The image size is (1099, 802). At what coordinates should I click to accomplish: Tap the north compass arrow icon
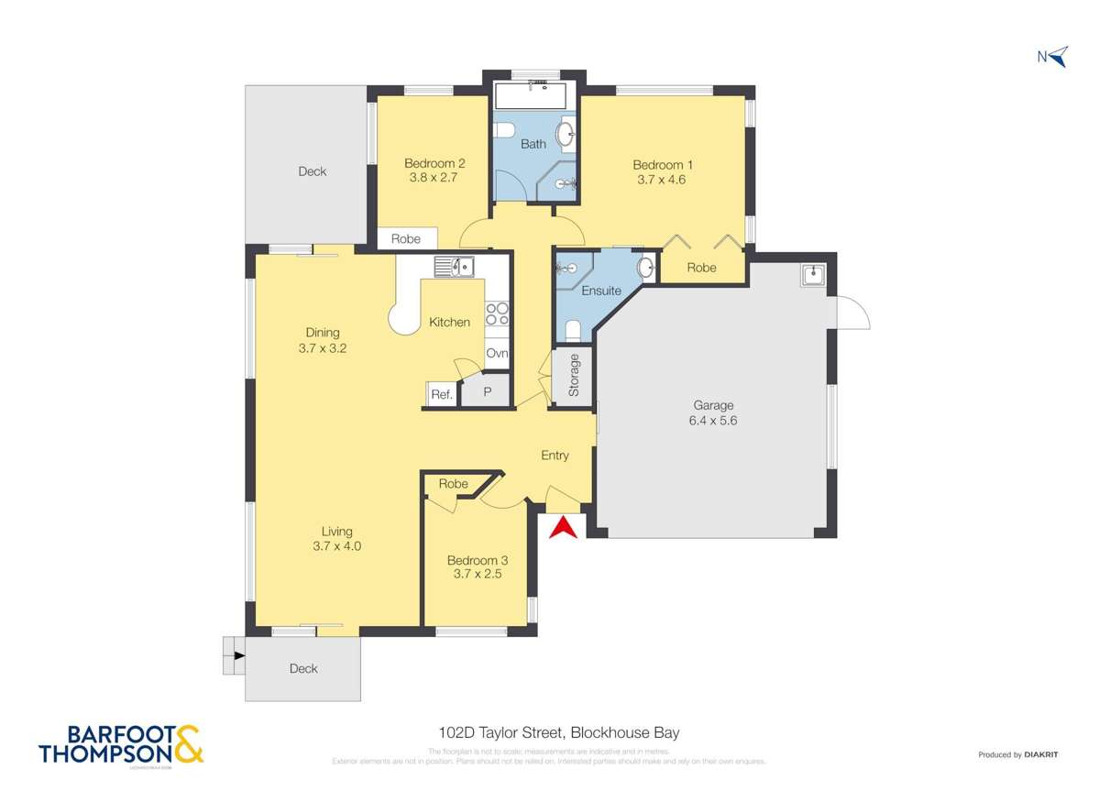coord(1058,58)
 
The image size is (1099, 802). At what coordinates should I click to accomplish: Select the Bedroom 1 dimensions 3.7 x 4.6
coord(661,180)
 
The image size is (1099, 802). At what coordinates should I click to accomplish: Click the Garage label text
coord(713,405)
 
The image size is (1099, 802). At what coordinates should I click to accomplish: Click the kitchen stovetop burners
coord(497,314)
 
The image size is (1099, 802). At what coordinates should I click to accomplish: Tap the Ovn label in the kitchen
coord(497,354)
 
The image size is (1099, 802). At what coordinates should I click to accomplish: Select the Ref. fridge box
coord(442,395)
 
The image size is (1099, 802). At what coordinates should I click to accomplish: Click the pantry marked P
coord(487,392)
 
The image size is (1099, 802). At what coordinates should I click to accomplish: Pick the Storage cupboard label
coord(574,375)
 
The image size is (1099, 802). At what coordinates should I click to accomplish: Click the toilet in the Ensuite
coord(572,329)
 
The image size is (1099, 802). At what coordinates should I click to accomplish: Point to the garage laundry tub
coord(812,274)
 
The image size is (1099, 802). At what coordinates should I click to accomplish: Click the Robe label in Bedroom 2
coord(406,239)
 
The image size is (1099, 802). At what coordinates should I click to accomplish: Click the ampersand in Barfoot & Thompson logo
coord(188,744)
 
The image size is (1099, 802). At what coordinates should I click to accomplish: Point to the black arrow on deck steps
coord(238,655)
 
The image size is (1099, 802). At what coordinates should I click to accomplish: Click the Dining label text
coord(323,333)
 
